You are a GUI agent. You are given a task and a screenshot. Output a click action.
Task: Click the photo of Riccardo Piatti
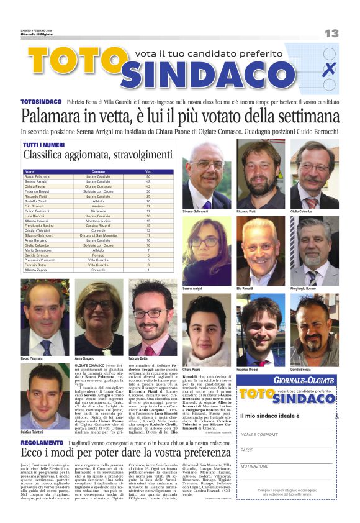(x=260, y=173)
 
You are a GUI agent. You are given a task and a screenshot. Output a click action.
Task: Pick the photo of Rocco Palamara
(x=45, y=317)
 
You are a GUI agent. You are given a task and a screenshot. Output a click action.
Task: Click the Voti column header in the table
(x=148, y=171)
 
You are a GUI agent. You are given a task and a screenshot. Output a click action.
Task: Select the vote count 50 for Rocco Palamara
(x=148, y=176)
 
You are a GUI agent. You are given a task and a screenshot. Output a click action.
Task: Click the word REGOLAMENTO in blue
(x=42, y=443)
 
